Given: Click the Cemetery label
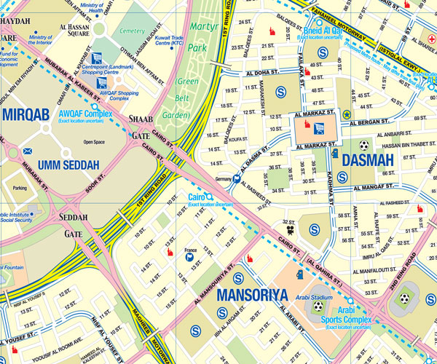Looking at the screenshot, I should pos(132,31).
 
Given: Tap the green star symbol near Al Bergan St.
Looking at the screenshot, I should pos(346,114).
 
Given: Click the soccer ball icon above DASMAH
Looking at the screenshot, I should pos(363,145).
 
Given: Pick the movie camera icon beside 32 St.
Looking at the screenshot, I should pos(290,230).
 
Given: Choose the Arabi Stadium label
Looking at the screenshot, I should pos(318,297).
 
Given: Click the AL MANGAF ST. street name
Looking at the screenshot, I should pos(375,187).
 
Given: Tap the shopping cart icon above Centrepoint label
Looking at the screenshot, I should pos(96,58).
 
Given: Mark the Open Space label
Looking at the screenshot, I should pos(94,142).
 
